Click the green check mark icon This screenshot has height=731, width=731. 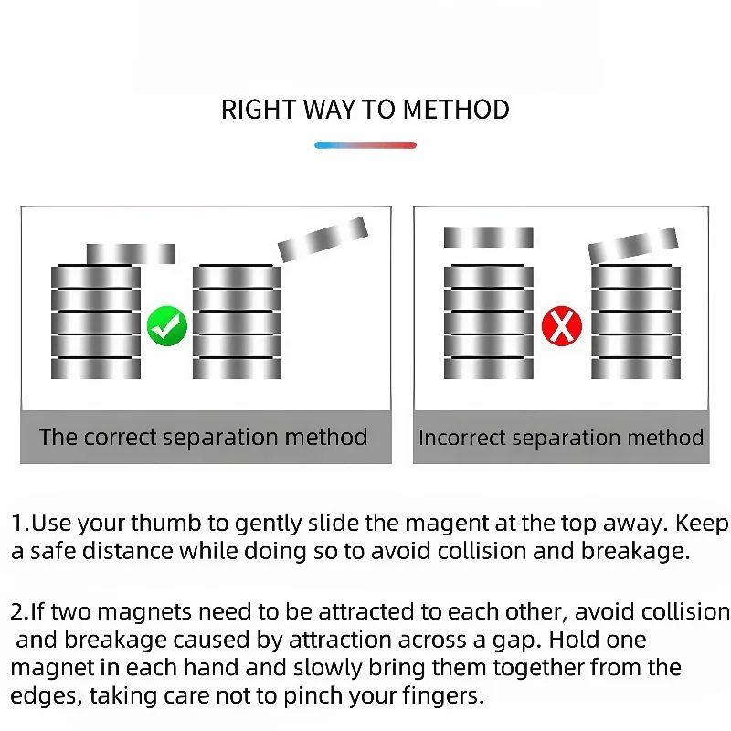pos(167,326)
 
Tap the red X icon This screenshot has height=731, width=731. pos(562,326)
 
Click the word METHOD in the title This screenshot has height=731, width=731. pos(456,110)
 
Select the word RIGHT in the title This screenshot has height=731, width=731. pos(259,110)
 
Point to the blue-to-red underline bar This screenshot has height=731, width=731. pos(365,145)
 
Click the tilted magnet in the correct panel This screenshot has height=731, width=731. pos(323,238)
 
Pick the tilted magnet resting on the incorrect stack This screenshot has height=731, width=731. pos(633,245)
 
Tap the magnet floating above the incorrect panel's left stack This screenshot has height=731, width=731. pos(489,238)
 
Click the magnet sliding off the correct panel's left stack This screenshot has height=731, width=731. pos(131,254)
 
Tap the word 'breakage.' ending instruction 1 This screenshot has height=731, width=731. pos(635,551)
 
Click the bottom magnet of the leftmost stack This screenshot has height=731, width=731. pos(96,369)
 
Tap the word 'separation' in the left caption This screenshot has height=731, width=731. pos(220,439)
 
